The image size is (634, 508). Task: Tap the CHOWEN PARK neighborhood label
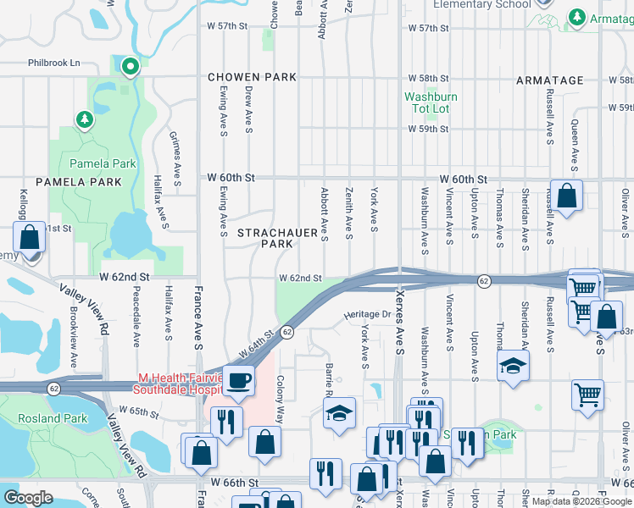click(253, 77)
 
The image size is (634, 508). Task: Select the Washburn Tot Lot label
click(431, 103)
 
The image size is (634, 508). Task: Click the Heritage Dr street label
click(367, 314)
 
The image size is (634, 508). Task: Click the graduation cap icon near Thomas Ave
click(512, 367)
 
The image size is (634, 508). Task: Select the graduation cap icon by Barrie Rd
click(339, 412)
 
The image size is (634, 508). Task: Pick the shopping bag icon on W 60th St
click(566, 196)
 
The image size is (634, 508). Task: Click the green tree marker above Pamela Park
click(84, 120)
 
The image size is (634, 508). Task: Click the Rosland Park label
click(53, 418)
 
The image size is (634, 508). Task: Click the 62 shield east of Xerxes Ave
click(483, 280)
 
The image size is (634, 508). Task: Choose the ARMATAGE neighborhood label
click(550, 80)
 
